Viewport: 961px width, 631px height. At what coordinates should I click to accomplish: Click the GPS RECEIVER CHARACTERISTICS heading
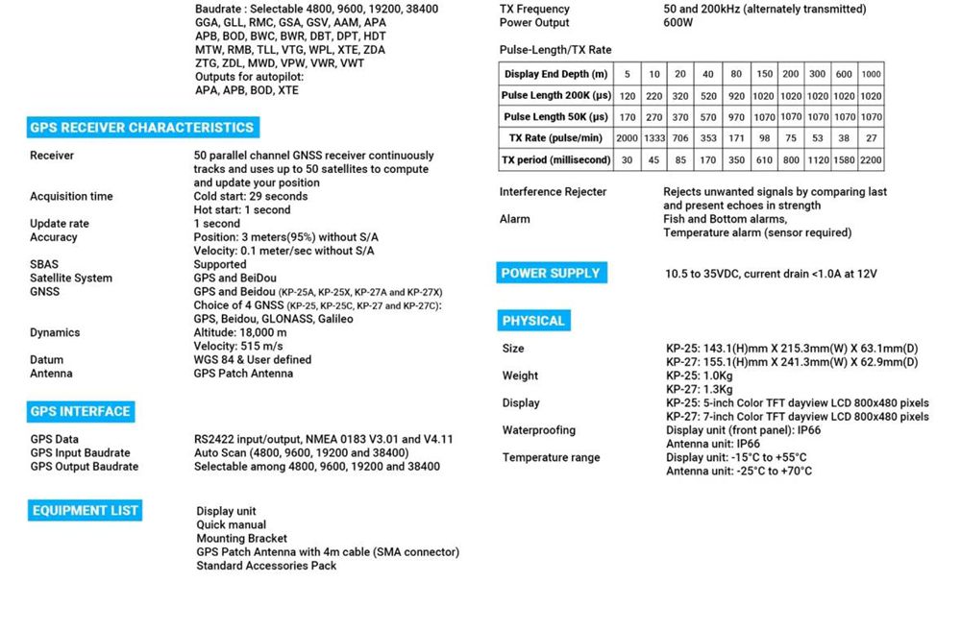141,128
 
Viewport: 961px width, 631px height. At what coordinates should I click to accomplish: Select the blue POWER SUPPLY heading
550,273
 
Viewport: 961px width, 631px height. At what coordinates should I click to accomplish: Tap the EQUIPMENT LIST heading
86,511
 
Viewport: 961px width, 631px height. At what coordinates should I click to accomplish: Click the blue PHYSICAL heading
533,321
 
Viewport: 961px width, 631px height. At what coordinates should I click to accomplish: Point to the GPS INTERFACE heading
80,411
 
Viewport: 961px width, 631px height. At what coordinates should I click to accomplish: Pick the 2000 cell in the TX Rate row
627,138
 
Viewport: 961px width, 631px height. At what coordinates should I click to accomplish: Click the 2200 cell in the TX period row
871,160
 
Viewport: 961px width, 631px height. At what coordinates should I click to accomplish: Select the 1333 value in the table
653,138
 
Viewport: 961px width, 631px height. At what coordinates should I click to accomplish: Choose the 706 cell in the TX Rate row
679,138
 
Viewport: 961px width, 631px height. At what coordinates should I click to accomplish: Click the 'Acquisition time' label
71,197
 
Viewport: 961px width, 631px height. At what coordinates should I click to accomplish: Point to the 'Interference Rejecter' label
553,192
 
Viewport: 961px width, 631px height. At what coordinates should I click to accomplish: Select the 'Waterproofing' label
538,430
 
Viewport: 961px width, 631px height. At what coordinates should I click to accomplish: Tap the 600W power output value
679,23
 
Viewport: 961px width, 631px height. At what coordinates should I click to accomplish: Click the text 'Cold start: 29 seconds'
250,197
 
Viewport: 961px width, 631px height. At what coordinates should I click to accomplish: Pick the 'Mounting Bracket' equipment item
241,539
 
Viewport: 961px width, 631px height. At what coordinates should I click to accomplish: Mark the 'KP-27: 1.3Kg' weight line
699,390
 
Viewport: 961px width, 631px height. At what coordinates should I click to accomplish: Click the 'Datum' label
46,360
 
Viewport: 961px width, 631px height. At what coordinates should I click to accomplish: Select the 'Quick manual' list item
232,525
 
